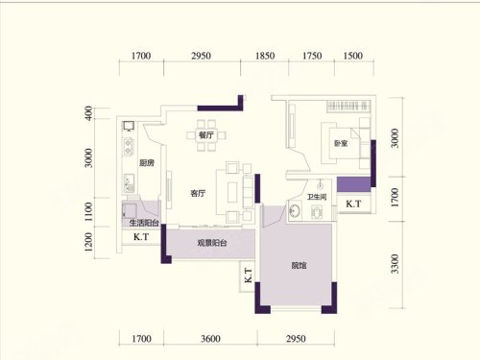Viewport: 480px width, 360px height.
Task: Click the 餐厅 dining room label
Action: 206,135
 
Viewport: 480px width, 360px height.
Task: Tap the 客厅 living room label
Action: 198,193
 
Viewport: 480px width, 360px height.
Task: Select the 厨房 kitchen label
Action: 147,163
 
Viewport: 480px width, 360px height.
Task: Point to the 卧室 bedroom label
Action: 341,143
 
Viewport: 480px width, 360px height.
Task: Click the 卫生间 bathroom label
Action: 317,197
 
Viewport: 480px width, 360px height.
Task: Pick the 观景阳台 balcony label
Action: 212,243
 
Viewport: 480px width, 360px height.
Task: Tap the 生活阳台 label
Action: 144,223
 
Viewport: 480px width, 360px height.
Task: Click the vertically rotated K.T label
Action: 248,276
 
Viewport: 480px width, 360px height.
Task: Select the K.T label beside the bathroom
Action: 353,204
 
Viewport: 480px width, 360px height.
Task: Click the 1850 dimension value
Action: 265,56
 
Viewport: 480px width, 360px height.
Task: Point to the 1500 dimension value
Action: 353,56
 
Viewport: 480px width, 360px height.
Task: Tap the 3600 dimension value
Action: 210,339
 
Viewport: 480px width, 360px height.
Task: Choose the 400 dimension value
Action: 88,113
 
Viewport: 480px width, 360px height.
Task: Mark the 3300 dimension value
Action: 396,264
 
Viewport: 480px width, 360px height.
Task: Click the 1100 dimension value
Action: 88,211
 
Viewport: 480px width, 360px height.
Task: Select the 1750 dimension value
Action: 312,56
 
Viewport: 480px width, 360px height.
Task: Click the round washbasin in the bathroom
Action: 295,211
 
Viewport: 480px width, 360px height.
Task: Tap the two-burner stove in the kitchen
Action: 129,146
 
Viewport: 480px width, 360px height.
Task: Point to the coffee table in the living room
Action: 232,192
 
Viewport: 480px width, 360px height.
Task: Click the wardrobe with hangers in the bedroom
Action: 348,106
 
